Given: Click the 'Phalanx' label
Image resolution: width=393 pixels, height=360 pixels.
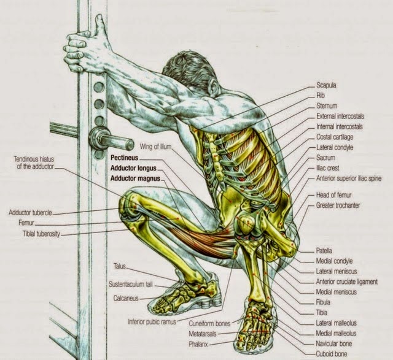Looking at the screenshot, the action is tap(203, 345).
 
